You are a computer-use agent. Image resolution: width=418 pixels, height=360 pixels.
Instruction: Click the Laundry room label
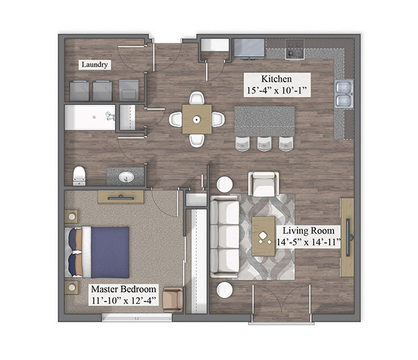click(95, 65)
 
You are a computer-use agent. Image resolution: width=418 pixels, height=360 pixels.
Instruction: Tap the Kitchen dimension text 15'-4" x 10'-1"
click(277, 90)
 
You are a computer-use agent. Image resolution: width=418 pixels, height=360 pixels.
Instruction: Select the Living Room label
click(309, 230)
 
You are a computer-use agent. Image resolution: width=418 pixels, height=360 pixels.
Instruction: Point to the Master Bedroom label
click(124, 289)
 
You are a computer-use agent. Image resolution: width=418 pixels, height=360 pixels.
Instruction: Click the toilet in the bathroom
click(79, 175)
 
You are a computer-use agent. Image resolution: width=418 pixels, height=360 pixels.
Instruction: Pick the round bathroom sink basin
click(126, 177)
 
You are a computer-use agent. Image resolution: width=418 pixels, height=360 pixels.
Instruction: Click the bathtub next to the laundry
click(90, 117)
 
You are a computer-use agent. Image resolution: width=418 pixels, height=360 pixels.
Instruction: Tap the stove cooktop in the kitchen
click(295, 49)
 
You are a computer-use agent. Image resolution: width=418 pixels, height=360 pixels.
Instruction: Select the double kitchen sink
click(344, 94)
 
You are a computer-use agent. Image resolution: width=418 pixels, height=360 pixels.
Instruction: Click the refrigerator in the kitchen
click(249, 48)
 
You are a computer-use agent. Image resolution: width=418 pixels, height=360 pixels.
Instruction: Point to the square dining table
click(197, 119)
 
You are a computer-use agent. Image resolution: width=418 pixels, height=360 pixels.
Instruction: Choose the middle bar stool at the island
click(264, 144)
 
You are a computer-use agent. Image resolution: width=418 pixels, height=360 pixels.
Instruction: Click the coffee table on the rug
click(264, 236)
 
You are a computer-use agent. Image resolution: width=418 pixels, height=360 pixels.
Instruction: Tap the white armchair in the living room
click(264, 184)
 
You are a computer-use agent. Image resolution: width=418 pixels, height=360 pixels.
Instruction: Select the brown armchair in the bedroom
click(173, 299)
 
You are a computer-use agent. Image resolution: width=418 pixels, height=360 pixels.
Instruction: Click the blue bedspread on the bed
click(110, 253)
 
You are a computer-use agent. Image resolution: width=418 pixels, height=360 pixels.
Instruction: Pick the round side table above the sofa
click(225, 185)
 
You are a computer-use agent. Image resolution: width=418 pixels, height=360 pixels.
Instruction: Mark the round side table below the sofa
click(225, 290)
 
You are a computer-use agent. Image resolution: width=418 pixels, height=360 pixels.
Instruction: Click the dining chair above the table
click(197, 98)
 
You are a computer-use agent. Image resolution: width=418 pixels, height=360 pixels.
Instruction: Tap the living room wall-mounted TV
click(348, 238)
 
